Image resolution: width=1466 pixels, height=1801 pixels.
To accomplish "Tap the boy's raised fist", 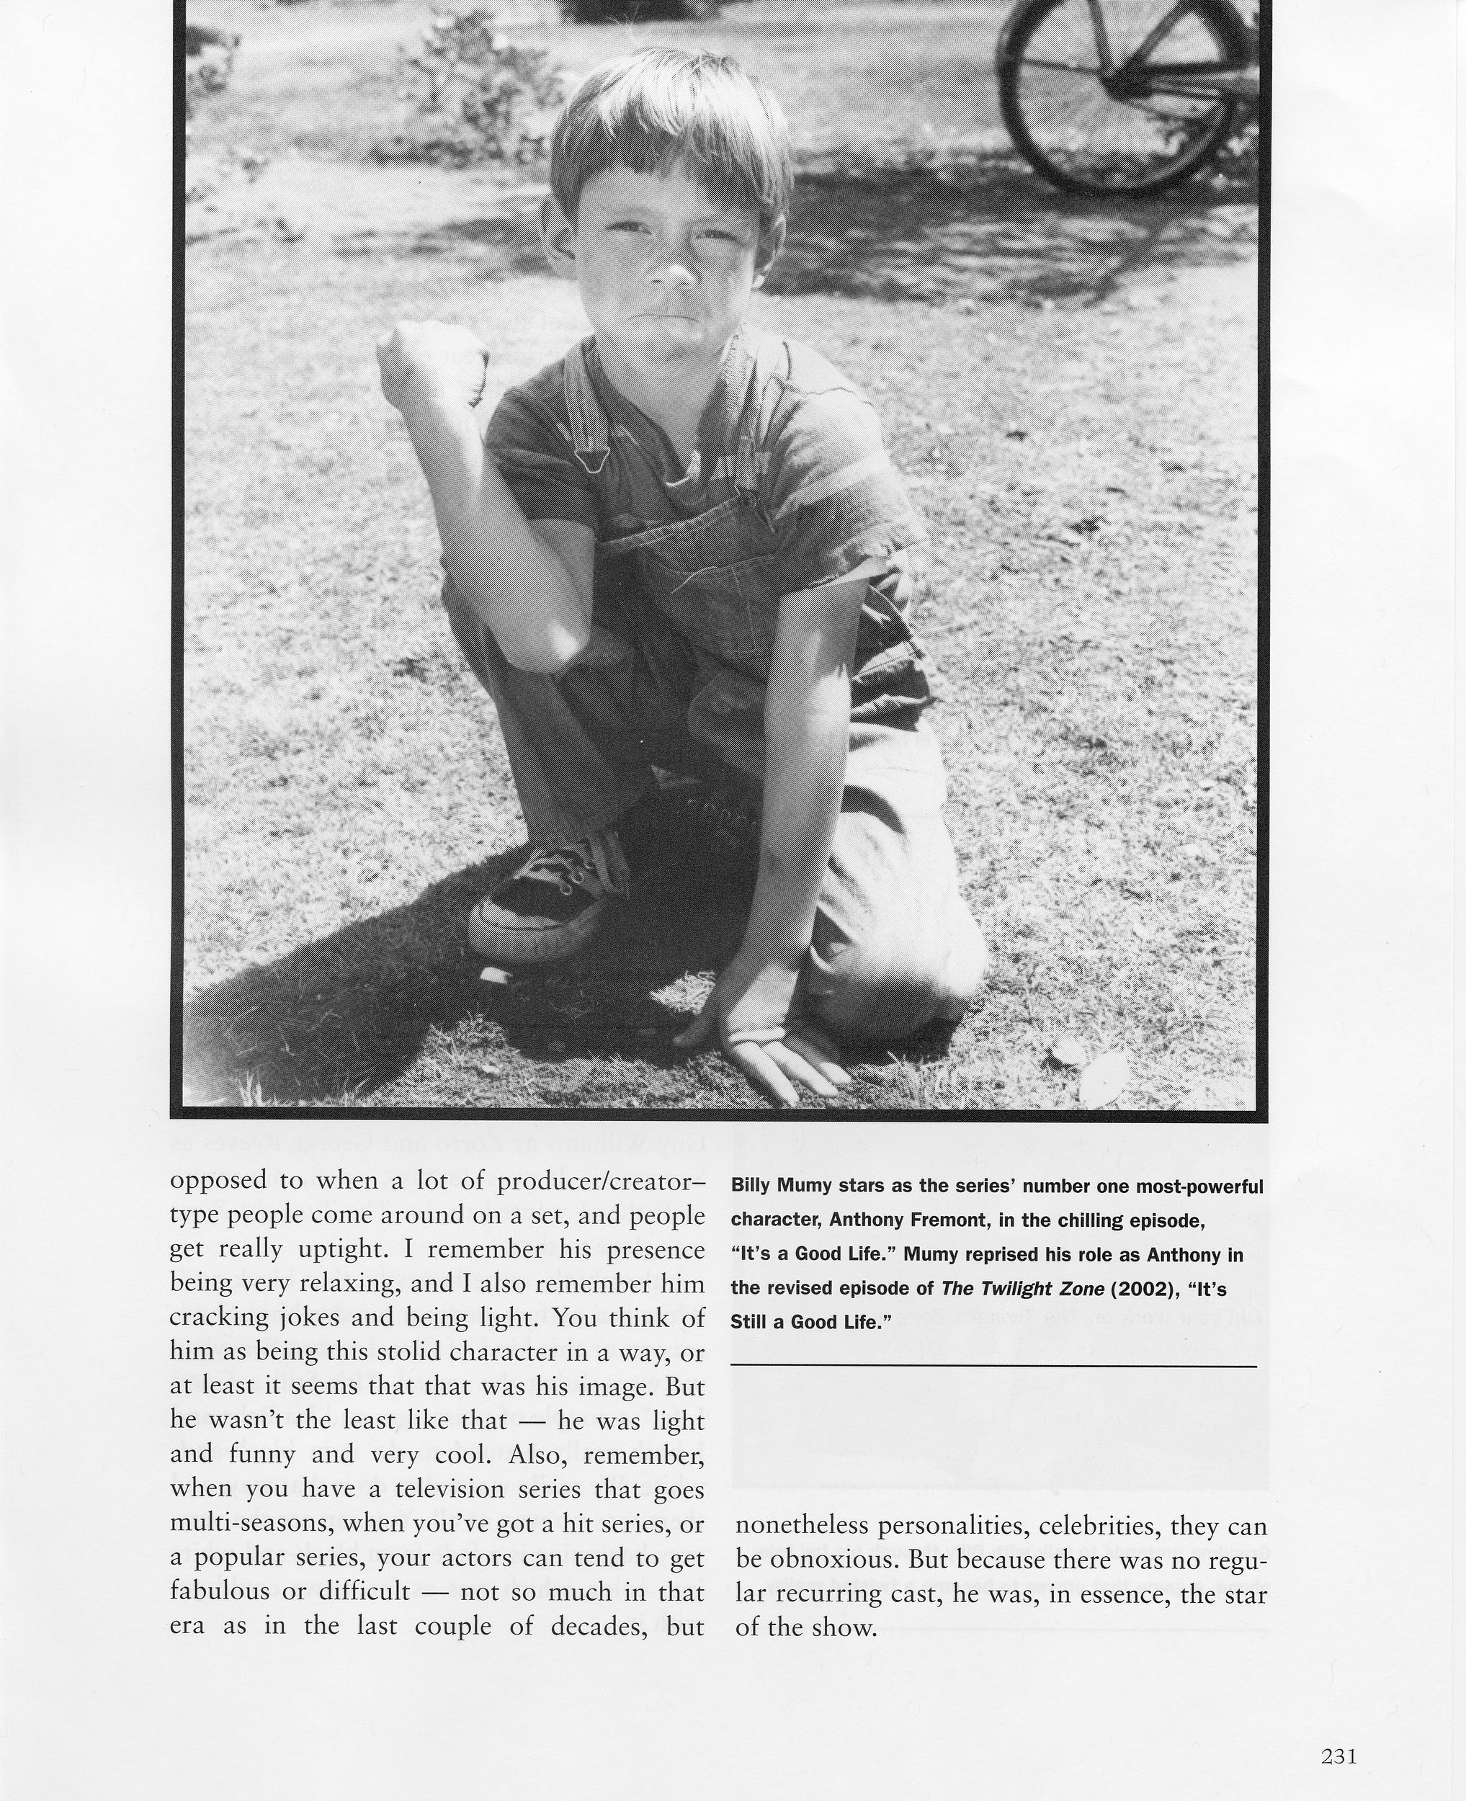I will pyautogui.click(x=433, y=362).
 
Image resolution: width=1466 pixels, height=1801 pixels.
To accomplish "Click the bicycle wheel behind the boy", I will pyautogui.click(x=1123, y=93).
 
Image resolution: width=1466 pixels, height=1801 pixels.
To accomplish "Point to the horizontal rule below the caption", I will pyautogui.click(x=993, y=1365).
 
